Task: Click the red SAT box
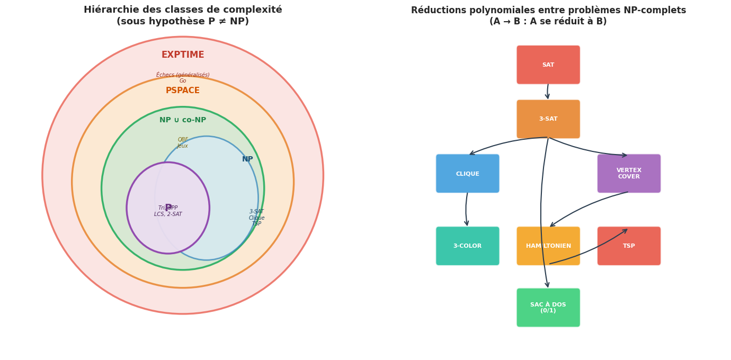[x=548, y=65]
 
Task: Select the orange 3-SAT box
[x=548, y=119]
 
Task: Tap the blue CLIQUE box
[x=467, y=174]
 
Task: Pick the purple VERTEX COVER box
[x=629, y=174]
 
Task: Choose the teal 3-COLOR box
[x=467, y=246]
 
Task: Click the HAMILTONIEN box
[x=548, y=246]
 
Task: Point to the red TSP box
[x=629, y=246]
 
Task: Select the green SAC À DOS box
[x=548, y=308]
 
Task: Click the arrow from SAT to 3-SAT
[x=548, y=92]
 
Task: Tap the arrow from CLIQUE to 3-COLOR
[x=466, y=209]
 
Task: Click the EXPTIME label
[x=183, y=55]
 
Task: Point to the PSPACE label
[x=183, y=91]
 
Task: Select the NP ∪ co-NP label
[x=183, y=120]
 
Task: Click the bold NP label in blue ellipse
[x=247, y=159]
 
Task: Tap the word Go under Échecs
[x=183, y=81]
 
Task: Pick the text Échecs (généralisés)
[x=183, y=75]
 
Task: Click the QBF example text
[x=183, y=140]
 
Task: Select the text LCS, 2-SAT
[x=168, y=214]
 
